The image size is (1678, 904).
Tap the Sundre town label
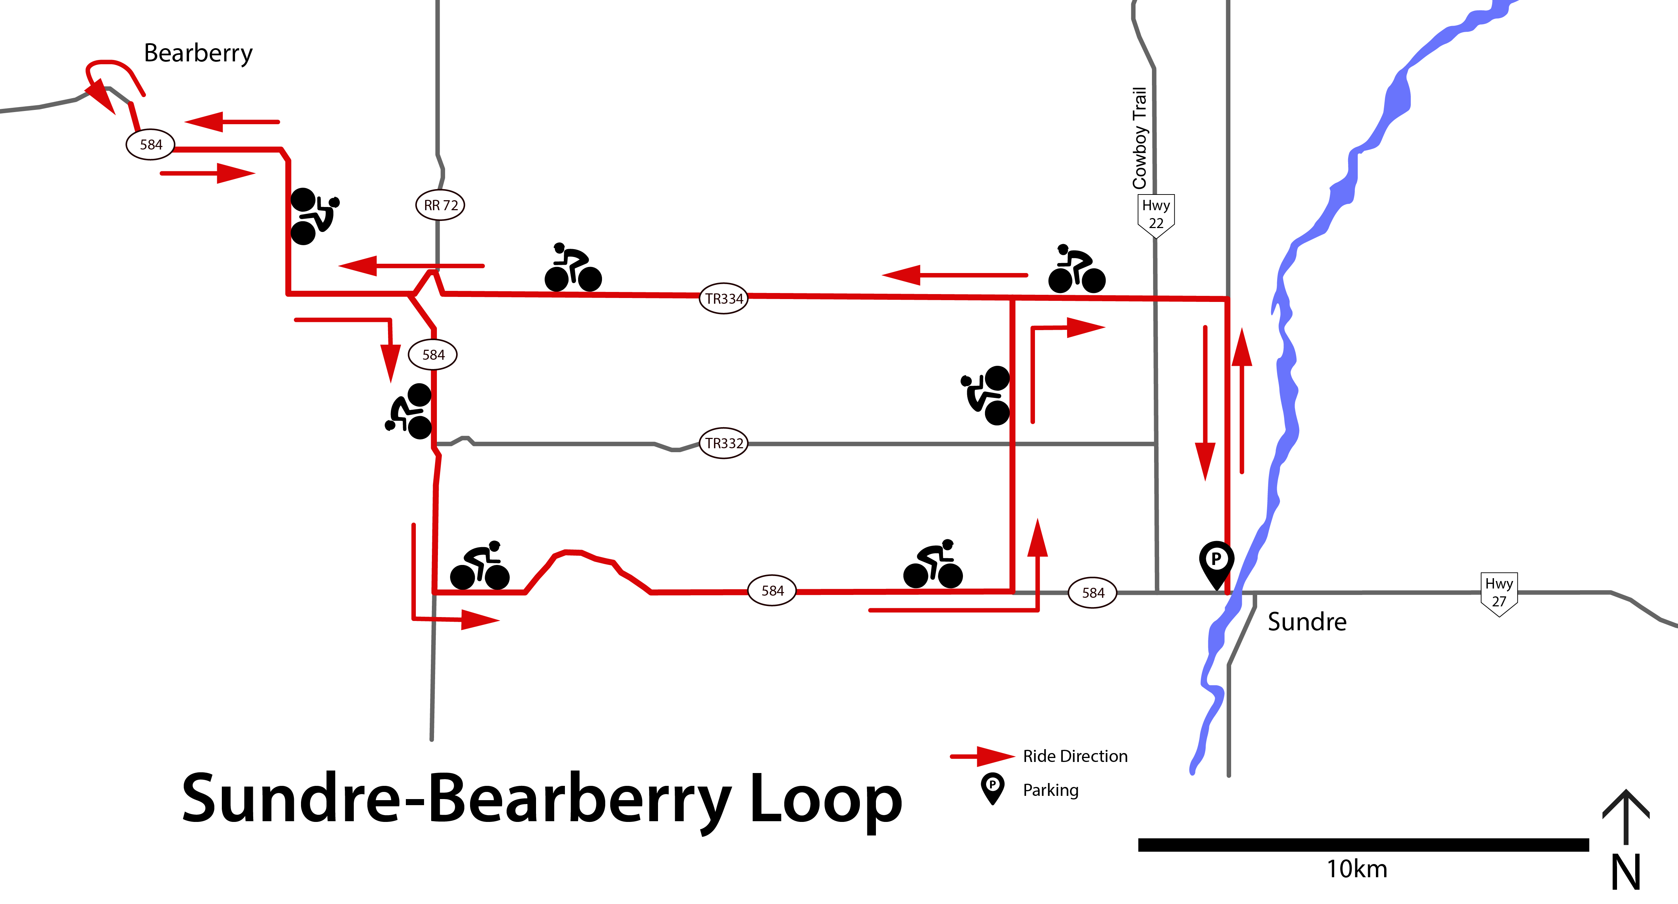(x=1307, y=622)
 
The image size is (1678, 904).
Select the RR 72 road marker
(x=440, y=205)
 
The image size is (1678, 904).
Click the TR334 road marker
(x=724, y=298)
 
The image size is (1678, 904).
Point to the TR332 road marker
(x=724, y=443)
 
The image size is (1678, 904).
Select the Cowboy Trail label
(x=1139, y=138)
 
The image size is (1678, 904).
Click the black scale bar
(x=1363, y=845)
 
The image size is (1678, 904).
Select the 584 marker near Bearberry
(x=151, y=145)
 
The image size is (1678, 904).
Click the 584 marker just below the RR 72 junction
(x=433, y=354)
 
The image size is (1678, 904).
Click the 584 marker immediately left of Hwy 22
(x=1092, y=592)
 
